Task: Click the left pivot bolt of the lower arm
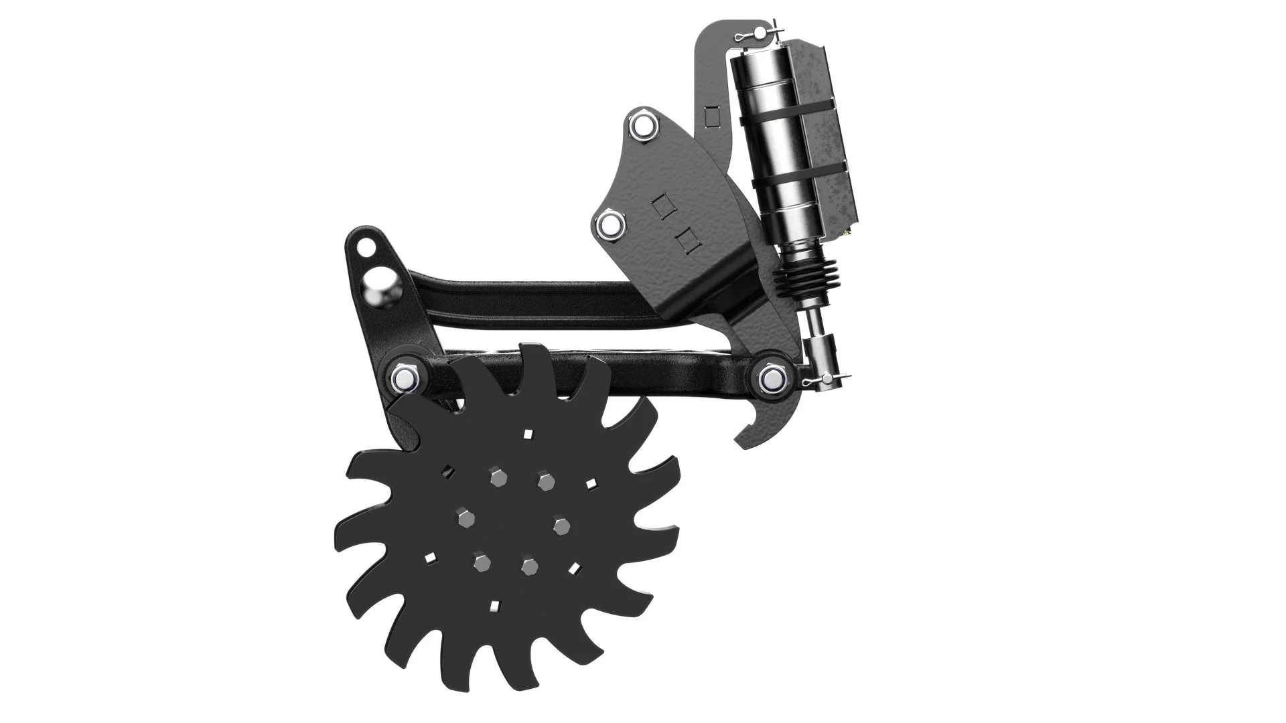click(x=405, y=378)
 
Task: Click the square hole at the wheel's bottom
click(x=495, y=606)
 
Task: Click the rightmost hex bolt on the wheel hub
click(x=560, y=526)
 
